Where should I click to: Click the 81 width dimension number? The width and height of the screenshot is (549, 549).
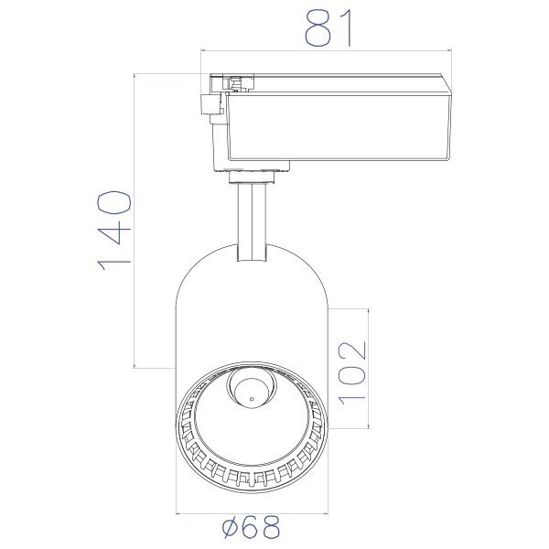coord(328,28)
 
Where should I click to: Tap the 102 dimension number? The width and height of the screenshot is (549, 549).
coord(352,373)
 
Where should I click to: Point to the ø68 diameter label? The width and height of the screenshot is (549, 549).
coord(252,527)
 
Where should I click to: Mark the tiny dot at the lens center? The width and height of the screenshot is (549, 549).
coord(252,398)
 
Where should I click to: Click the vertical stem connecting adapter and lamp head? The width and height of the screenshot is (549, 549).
coord(252,222)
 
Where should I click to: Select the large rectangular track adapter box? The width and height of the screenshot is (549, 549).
coord(339,126)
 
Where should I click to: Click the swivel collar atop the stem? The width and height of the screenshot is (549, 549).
coord(252,177)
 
